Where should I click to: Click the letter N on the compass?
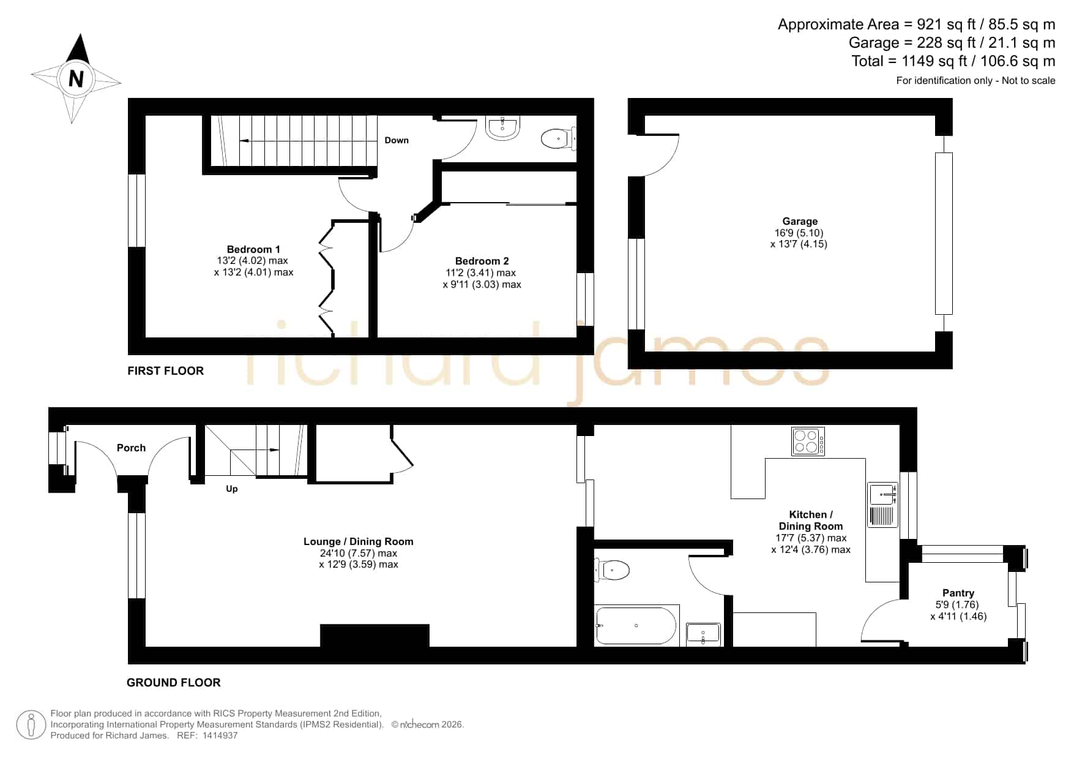tap(76, 79)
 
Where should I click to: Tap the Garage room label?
tap(799, 221)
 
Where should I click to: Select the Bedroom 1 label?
tap(253, 249)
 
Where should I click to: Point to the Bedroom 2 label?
tap(482, 261)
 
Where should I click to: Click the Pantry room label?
tap(958, 593)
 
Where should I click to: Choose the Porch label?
tap(131, 448)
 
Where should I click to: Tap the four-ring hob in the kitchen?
tap(808, 442)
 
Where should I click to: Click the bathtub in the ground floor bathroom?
tap(636, 625)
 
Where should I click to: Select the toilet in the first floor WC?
tap(558, 138)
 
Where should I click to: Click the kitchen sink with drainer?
tap(882, 505)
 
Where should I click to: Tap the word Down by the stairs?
tap(397, 140)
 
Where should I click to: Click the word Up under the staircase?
tap(232, 489)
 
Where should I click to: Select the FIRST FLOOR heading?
tap(165, 371)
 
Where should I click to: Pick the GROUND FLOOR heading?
tap(174, 682)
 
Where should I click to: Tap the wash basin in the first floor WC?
tap(503, 128)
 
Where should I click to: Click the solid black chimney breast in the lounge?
tap(375, 636)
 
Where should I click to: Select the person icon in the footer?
tap(31, 724)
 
